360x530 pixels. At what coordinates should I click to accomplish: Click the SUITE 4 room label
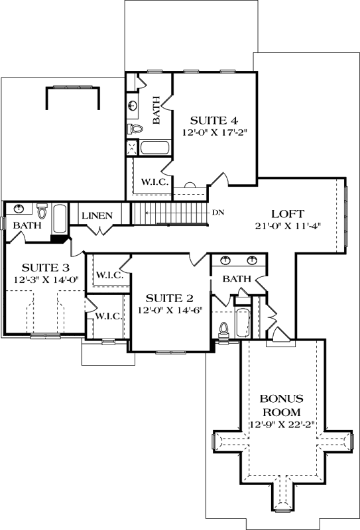click(x=214, y=121)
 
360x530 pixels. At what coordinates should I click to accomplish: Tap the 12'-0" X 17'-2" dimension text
click(x=214, y=132)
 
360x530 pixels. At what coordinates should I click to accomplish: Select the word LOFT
click(x=288, y=214)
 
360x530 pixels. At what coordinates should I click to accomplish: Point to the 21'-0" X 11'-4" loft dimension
click(x=288, y=226)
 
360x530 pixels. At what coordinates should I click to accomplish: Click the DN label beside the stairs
click(x=218, y=213)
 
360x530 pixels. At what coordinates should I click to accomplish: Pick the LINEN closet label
click(x=97, y=216)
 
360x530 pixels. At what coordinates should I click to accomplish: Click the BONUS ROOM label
click(x=282, y=405)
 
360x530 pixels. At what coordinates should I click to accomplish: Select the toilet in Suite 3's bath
click(x=43, y=211)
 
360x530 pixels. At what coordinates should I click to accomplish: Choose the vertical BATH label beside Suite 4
click(x=157, y=111)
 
